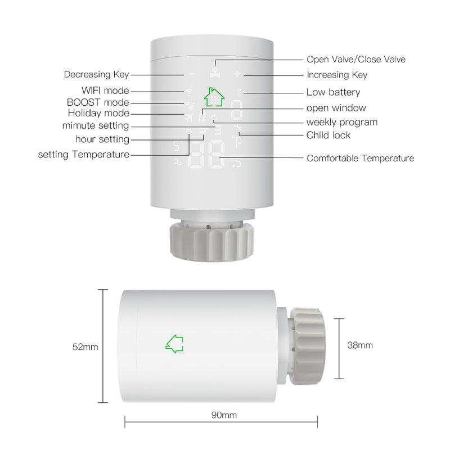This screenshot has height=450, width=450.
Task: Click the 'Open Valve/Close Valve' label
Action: pyautogui.click(x=355, y=59)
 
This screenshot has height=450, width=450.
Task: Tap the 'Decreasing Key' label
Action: pyautogui.click(x=96, y=74)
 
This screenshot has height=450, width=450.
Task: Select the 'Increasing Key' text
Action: pyautogui.click(x=336, y=75)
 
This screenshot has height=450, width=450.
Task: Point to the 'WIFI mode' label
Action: pyautogui.click(x=105, y=91)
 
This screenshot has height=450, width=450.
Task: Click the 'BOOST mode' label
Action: pyautogui.click(x=98, y=102)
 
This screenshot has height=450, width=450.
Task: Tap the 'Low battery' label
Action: pyautogui.click(x=333, y=92)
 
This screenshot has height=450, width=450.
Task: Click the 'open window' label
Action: pyautogui.click(x=336, y=108)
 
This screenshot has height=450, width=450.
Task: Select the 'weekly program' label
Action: pyautogui.click(x=341, y=122)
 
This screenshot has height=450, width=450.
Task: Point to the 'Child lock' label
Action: pyautogui.click(x=328, y=135)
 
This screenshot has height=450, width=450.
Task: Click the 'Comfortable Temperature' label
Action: pyautogui.click(x=360, y=159)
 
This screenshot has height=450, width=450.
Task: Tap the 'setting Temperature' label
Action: pyautogui.click(x=84, y=155)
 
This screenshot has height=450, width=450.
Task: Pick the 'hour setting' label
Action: pyautogui.click(x=102, y=139)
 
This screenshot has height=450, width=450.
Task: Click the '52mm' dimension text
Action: pyautogui.click(x=85, y=347)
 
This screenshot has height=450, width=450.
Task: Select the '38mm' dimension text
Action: pyautogui.click(x=360, y=345)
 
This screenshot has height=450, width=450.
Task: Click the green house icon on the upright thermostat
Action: pyautogui.click(x=214, y=96)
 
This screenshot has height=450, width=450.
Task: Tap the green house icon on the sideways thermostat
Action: pyautogui.click(x=174, y=344)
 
